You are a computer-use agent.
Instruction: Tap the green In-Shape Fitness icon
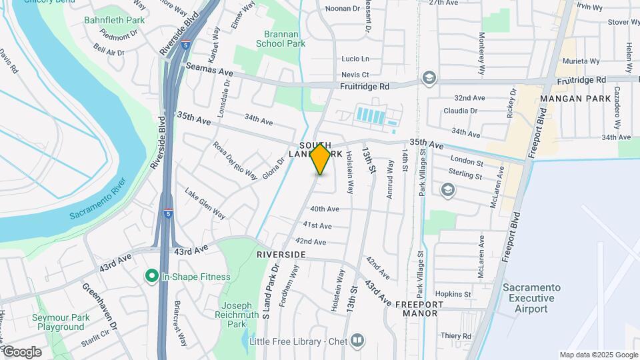pyautogui.click(x=151, y=276)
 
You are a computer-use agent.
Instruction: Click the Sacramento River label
pyautogui.click(x=98, y=199)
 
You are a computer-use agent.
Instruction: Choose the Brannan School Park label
pyautogui.click(x=281, y=38)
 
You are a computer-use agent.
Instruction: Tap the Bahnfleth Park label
pyautogui.click(x=109, y=20)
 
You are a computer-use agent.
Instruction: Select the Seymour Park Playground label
pyautogui.click(x=61, y=323)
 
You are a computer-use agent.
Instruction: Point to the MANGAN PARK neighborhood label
pyautogui.click(x=575, y=99)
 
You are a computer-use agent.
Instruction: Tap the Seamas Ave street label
pyautogui.click(x=209, y=69)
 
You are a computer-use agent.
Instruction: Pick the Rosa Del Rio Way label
pyautogui.click(x=235, y=161)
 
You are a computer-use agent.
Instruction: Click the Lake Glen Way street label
pyautogui.click(x=205, y=203)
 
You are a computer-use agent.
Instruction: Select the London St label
pyautogui.click(x=466, y=161)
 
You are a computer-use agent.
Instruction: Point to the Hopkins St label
pyautogui.click(x=453, y=294)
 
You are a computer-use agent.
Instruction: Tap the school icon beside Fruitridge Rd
pyautogui.click(x=428, y=79)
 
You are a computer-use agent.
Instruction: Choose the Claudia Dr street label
pyautogui.click(x=461, y=111)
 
